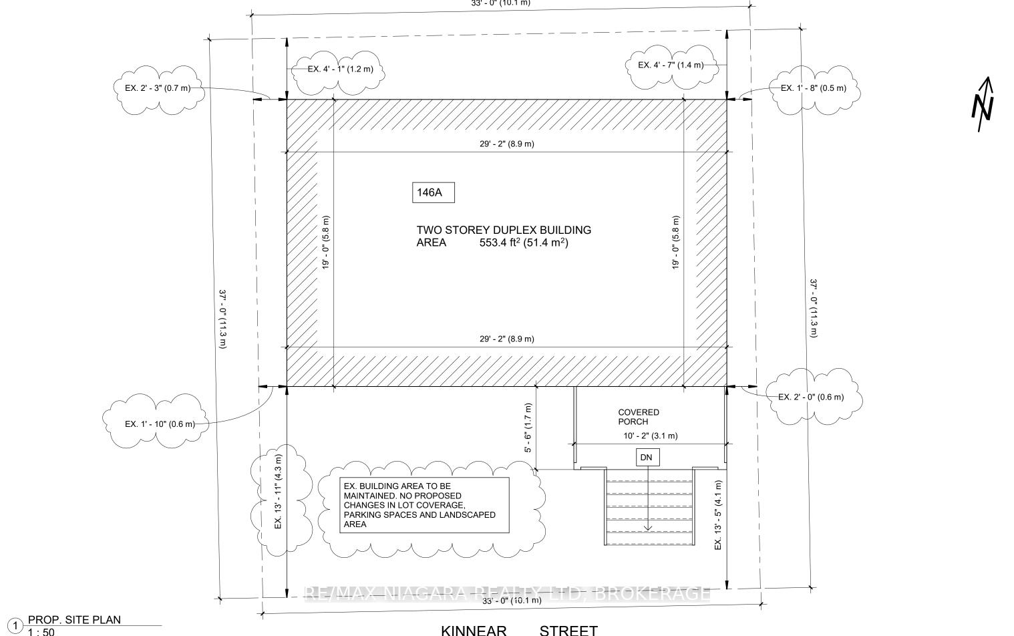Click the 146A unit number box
tap(434, 192)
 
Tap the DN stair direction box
tap(647, 457)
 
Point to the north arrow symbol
tap(983, 104)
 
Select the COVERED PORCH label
tap(639, 417)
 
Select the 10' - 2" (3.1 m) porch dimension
tap(651, 436)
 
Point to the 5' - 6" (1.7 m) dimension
tap(528, 428)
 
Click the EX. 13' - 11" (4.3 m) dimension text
tap(278, 492)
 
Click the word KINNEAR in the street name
tap(474, 630)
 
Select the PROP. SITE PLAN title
tap(74, 620)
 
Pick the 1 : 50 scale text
tap(41, 632)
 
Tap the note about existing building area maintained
tap(424, 505)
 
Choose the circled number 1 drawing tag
tap(15, 626)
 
